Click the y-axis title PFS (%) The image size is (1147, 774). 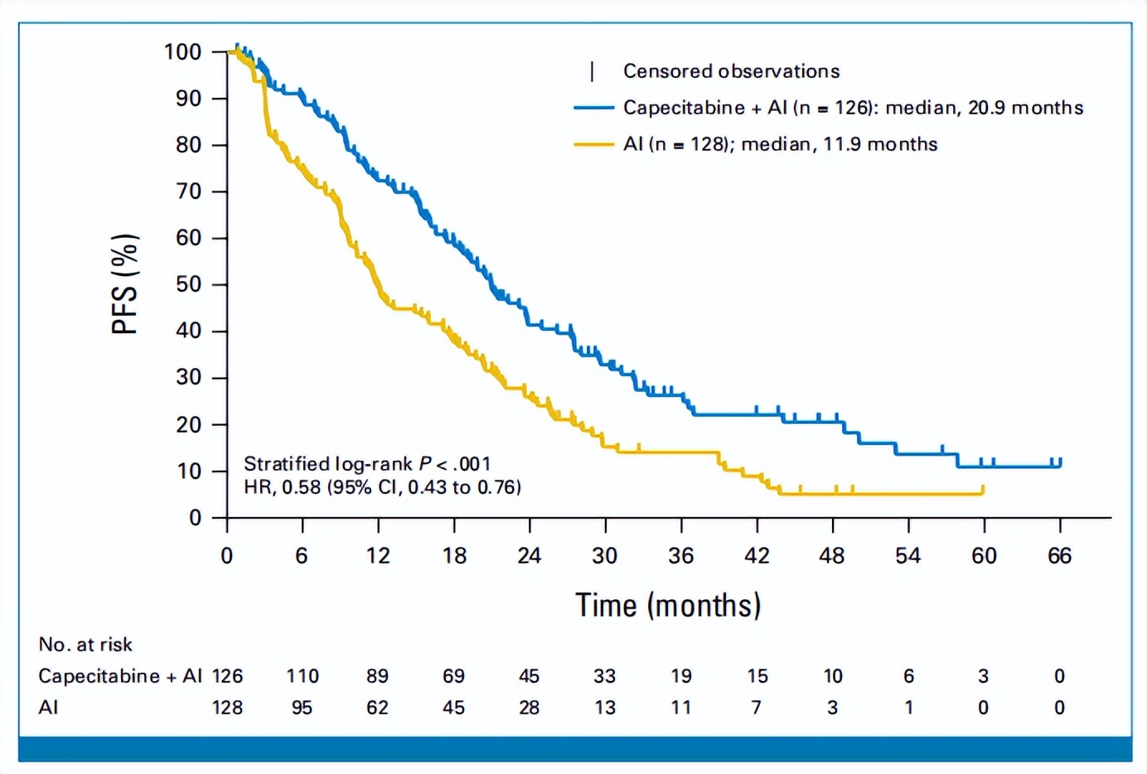click(124, 284)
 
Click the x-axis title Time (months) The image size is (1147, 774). click(668, 606)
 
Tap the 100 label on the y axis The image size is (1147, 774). click(183, 52)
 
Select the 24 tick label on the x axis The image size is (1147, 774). click(530, 556)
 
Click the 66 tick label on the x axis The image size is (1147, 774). click(1059, 556)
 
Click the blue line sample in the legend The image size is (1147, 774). click(593, 108)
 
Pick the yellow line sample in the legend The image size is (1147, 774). click(593, 144)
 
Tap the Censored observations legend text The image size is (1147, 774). click(731, 71)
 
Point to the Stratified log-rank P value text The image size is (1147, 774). click(367, 464)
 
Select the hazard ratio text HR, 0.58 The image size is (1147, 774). click(283, 487)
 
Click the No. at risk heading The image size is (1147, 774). click(85, 645)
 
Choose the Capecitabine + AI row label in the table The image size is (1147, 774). click(120, 676)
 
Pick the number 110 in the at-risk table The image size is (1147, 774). click(302, 676)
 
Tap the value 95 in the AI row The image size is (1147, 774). click(302, 708)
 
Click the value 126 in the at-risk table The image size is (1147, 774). click(227, 676)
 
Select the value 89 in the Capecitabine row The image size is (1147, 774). click(378, 676)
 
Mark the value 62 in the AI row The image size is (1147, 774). click(378, 708)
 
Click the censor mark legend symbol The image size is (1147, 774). click(592, 72)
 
